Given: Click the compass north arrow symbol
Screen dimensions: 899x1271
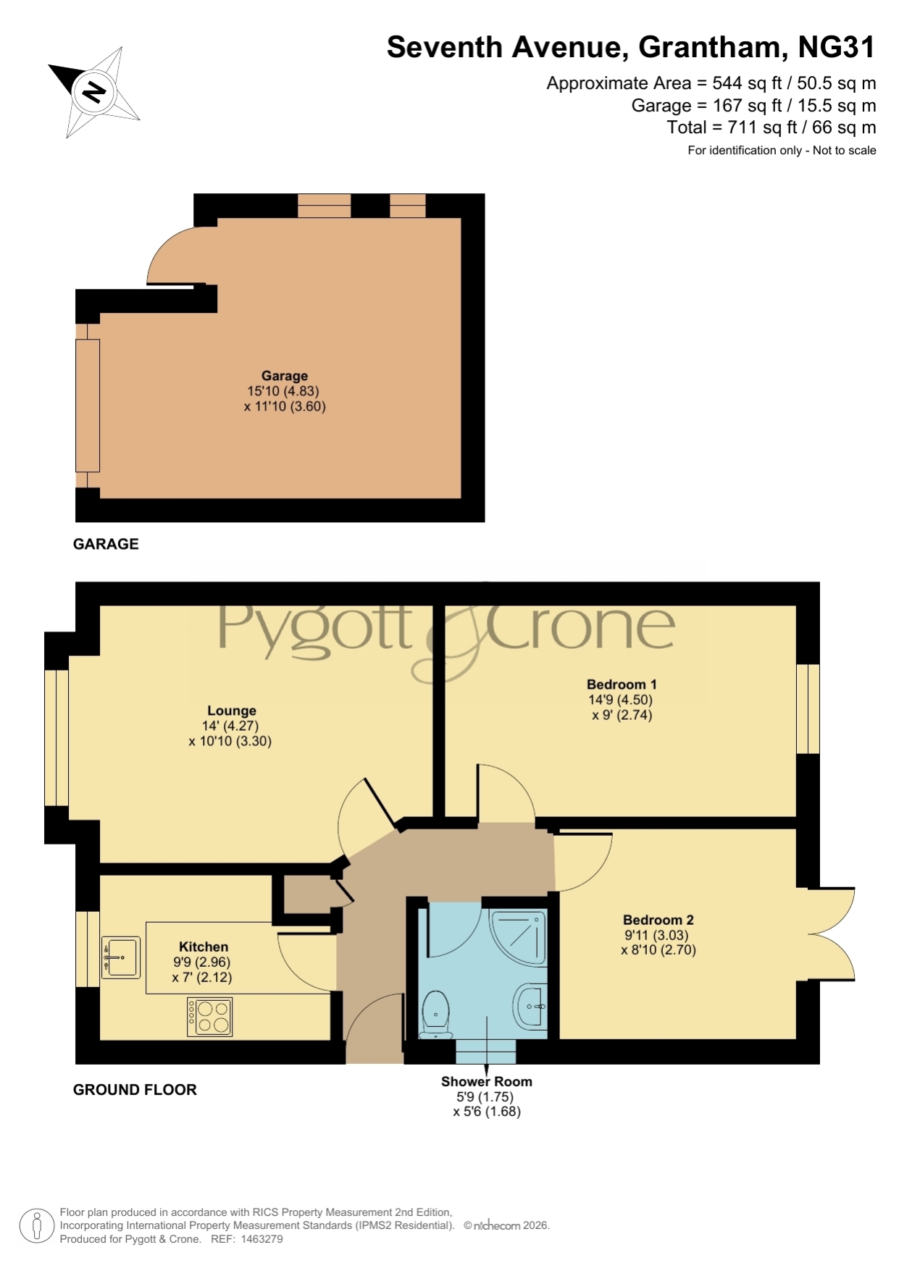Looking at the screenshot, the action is (x=94, y=92).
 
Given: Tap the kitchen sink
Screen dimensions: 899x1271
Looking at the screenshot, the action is (x=121, y=957).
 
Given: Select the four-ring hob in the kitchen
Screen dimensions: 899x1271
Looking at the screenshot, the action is (x=210, y=1017).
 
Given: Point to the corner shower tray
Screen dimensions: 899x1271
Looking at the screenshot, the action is (x=519, y=937).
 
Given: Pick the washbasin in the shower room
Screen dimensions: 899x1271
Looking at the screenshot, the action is (x=531, y=1006).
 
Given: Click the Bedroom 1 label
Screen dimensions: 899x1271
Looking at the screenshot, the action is (x=622, y=684).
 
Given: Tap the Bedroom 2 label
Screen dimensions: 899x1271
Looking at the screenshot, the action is (x=658, y=920).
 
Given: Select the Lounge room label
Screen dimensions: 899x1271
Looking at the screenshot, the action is (x=231, y=711).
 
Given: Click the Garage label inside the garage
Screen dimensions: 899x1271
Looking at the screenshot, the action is (x=285, y=376).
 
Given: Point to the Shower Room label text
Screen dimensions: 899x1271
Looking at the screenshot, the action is (x=487, y=1081).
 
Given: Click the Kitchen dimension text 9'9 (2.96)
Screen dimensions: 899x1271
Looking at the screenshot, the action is (x=202, y=962).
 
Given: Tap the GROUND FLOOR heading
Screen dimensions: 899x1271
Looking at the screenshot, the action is (x=135, y=1090).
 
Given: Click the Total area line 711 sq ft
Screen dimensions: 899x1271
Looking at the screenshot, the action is (x=772, y=127).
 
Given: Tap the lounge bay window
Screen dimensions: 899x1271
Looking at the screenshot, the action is (x=57, y=738).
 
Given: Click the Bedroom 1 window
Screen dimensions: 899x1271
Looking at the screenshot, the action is (x=808, y=709).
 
